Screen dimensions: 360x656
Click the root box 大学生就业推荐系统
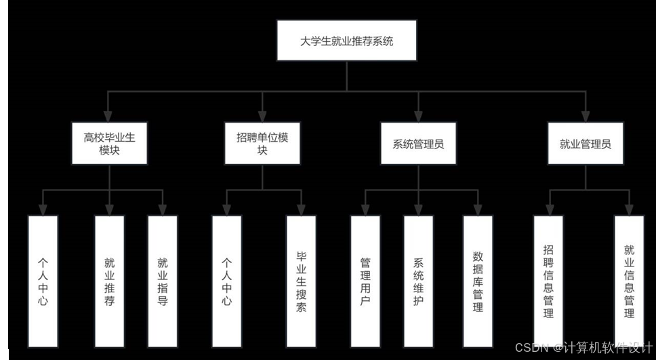(347, 41)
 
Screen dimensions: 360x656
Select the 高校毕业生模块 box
(109, 144)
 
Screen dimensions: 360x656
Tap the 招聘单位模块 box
(262, 144)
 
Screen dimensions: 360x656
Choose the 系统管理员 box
(418, 144)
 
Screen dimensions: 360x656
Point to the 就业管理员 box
(586, 144)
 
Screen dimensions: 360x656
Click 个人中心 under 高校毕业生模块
(43, 280)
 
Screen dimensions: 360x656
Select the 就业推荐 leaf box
(109, 280)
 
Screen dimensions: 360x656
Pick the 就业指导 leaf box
(163, 280)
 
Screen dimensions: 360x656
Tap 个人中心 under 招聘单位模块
(227, 280)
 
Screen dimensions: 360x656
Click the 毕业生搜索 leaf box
(302, 280)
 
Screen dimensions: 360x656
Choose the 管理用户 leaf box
(365, 280)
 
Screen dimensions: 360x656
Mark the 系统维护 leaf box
(418, 280)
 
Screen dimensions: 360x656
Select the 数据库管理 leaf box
(478, 280)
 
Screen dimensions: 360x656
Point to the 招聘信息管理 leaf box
(548, 280)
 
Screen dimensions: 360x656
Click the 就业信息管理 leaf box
(630, 280)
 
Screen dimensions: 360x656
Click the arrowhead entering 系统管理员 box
(418, 118)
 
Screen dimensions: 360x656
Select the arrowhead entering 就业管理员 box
(586, 118)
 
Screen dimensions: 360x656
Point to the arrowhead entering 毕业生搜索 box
(302, 211)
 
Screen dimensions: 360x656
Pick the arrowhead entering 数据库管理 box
(478, 211)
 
